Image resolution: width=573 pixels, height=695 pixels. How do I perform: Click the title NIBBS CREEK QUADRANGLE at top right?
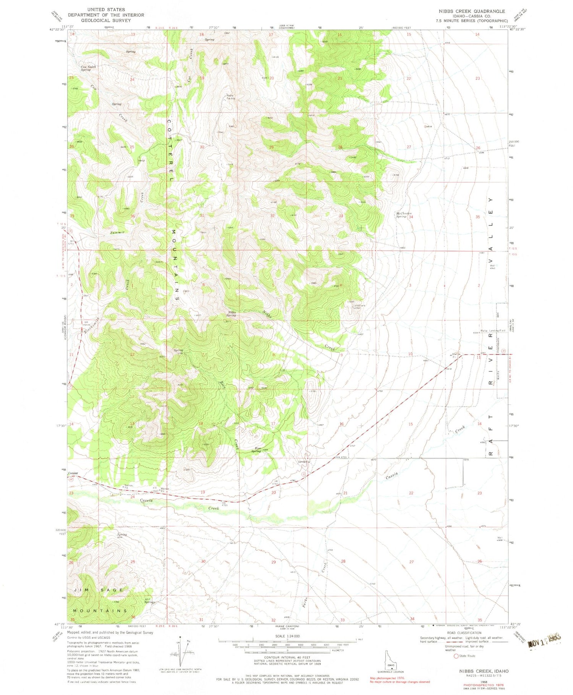477,11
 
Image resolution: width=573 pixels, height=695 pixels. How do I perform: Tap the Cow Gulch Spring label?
88,68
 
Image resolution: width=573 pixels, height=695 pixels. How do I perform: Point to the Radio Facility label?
230,97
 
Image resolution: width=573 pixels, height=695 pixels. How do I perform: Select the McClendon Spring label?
403,215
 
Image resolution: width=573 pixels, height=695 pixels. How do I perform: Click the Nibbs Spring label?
231,314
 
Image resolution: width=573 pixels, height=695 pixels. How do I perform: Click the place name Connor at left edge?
73,473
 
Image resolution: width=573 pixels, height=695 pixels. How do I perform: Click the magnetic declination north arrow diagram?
182,654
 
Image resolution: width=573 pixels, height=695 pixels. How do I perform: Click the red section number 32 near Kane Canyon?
273,620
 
